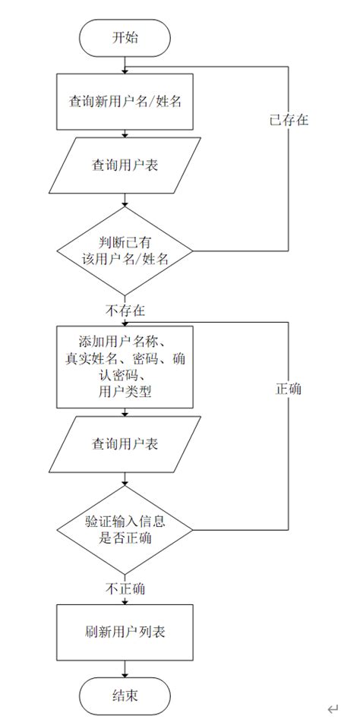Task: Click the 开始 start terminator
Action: (125, 36)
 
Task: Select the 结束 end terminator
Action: (125, 695)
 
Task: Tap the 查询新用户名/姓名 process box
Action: (125, 101)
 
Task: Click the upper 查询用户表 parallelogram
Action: (125, 165)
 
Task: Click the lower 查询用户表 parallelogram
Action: (125, 443)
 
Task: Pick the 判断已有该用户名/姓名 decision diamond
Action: (125, 250)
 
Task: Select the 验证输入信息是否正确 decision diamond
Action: (125, 529)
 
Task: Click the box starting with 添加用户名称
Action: (125, 367)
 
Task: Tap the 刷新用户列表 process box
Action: (125, 631)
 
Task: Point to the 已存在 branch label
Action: (289, 120)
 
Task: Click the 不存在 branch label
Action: (125, 311)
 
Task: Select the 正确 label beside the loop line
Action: (289, 388)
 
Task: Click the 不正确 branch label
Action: (125, 588)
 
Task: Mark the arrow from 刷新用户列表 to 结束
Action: (125, 667)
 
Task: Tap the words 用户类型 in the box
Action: (125, 393)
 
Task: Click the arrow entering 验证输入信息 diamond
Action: (125, 480)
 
